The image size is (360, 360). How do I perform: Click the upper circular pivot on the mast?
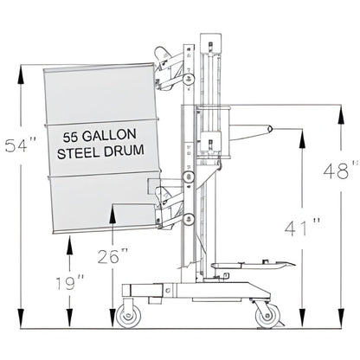tap(189, 80)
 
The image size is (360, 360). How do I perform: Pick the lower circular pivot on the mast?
tap(188, 202)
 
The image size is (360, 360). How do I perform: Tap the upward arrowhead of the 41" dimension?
tap(301, 133)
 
